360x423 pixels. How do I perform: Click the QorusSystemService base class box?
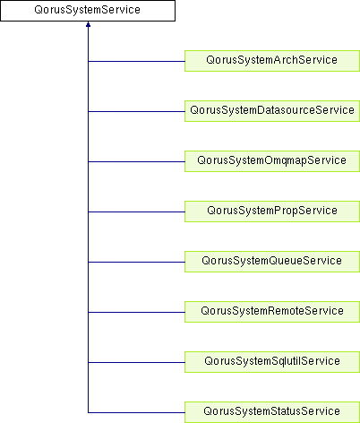coord(88,11)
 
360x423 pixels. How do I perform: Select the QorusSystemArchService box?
coord(272,61)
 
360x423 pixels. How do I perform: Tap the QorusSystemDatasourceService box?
coord(272,111)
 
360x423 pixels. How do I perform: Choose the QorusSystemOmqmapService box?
coord(272,161)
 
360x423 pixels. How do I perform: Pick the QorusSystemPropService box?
coord(272,211)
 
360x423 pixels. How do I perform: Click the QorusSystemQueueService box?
coord(272,262)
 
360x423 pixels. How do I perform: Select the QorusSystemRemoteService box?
coord(272,312)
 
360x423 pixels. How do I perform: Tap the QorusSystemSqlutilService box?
coord(272,362)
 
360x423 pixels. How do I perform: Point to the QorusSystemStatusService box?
coord(272,412)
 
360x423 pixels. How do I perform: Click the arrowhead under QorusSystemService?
coord(88,24)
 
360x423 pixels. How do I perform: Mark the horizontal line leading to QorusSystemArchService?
coord(136,61)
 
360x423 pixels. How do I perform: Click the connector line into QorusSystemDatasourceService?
coord(136,111)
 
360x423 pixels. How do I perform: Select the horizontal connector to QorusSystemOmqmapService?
coord(136,161)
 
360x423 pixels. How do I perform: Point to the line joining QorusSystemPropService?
coord(136,211)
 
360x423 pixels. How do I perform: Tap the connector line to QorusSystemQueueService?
coord(136,262)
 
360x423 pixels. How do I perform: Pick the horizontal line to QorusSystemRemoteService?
coord(136,312)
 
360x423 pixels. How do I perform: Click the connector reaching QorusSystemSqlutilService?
coord(136,362)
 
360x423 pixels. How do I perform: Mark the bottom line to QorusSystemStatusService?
coord(136,412)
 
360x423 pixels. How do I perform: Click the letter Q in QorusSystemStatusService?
coord(208,411)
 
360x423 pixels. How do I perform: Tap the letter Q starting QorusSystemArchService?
coord(210,60)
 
